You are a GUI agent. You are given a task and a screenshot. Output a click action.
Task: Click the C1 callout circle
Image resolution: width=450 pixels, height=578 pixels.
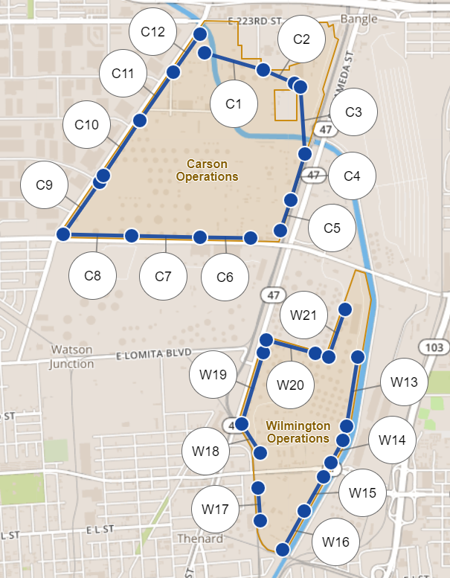click(234, 104)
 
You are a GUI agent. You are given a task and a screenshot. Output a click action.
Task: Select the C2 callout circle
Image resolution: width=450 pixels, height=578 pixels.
click(301, 40)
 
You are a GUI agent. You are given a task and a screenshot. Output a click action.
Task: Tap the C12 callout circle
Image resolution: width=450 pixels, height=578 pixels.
click(152, 32)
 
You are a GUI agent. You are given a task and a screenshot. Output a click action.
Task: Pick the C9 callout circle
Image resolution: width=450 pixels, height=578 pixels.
click(44, 184)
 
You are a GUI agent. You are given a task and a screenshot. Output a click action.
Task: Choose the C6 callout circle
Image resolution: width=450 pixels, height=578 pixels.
click(225, 277)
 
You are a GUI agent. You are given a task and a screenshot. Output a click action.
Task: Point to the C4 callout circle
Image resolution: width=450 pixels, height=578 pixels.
click(352, 177)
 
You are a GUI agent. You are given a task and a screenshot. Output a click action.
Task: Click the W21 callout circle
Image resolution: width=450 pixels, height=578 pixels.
click(303, 315)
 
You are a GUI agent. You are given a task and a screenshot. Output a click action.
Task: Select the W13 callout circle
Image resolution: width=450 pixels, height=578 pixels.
click(404, 383)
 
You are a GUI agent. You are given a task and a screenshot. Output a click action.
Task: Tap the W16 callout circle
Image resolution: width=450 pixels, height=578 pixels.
click(336, 542)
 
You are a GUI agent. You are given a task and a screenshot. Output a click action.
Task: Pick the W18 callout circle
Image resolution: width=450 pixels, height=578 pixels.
click(206, 452)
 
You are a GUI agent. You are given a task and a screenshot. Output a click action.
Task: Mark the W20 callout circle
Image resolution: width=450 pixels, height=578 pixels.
click(290, 385)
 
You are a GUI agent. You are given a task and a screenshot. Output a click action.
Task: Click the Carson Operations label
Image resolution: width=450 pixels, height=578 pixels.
click(208, 170)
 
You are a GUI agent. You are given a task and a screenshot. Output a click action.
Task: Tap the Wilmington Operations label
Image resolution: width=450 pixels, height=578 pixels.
click(298, 432)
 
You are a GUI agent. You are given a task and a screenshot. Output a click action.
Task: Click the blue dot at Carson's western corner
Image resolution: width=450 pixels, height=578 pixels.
click(63, 234)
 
